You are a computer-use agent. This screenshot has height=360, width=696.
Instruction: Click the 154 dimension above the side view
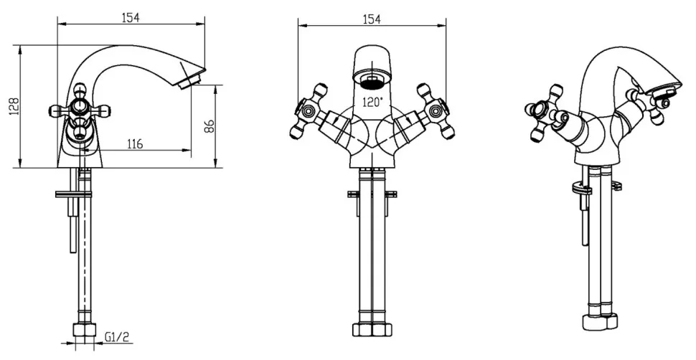(131, 17)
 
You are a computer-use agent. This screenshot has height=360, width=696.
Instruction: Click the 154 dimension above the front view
(372, 19)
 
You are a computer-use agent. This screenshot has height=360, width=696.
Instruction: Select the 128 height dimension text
(15, 107)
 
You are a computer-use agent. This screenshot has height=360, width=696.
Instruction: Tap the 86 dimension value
(210, 126)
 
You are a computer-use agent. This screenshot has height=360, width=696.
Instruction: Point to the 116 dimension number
(135, 144)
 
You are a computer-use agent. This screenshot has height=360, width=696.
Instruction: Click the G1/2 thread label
(117, 337)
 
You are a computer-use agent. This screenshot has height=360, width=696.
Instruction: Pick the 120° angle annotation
(372, 103)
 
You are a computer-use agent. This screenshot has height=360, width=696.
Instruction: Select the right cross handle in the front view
(436, 110)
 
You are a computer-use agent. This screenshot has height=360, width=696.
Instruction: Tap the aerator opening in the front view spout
(372, 81)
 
